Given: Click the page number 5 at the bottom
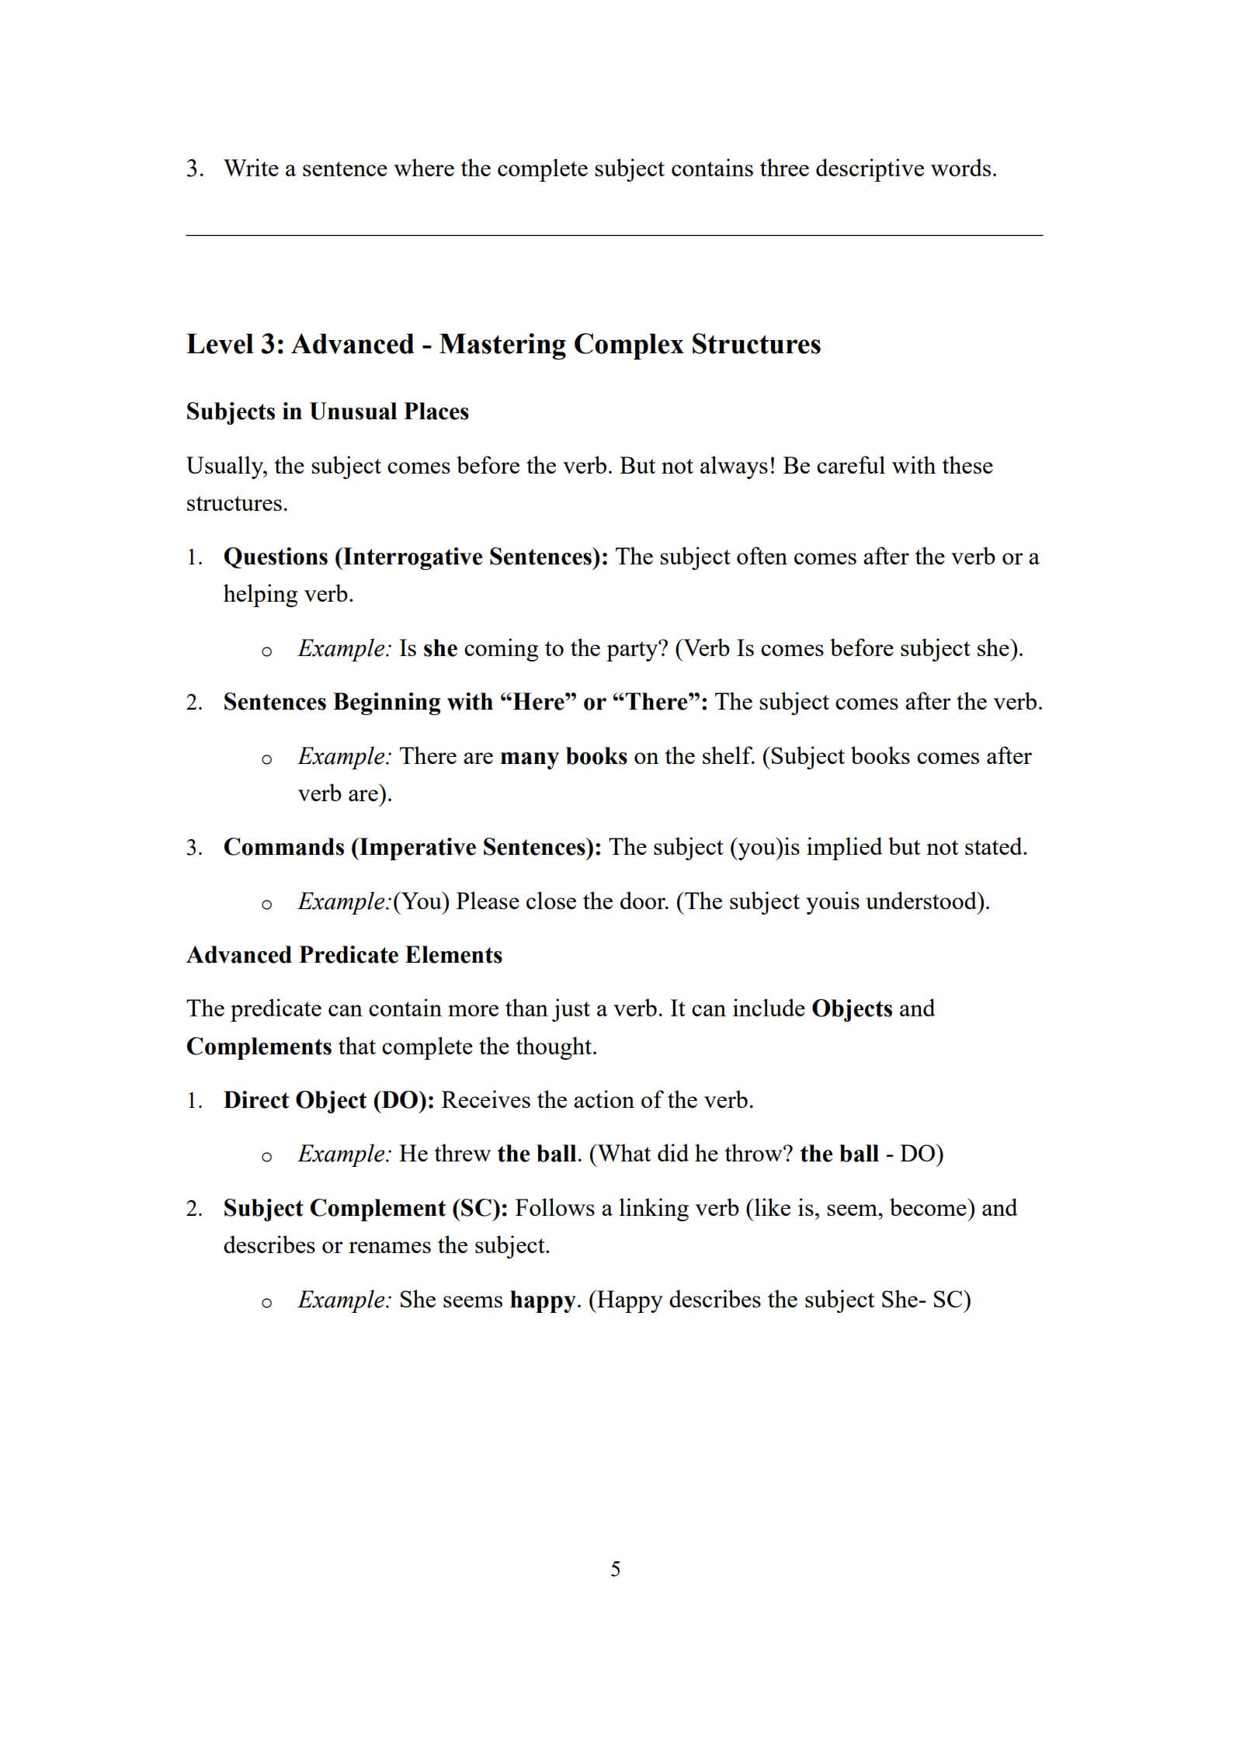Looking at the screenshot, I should [615, 1569].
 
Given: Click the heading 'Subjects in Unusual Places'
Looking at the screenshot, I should [327, 411].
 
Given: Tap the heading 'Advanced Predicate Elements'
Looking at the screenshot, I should [344, 955].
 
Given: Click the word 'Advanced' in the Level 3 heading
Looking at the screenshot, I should [353, 344].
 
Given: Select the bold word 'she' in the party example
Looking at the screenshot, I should [439, 648].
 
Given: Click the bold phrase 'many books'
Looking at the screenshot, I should [563, 756].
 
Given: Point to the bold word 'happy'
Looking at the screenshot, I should [542, 1300].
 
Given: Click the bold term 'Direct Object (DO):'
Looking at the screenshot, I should [328, 1100].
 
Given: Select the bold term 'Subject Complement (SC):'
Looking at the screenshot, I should [365, 1208].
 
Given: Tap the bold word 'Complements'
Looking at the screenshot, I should [259, 1047].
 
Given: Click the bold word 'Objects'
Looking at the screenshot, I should [851, 1009].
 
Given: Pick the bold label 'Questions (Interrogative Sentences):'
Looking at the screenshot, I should [415, 557].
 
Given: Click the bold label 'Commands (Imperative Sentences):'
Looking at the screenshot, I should [412, 847].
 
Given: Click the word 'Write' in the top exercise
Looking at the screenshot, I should [251, 168].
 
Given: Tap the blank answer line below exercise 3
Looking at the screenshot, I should [613, 234].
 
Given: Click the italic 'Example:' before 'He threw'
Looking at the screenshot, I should [344, 1154].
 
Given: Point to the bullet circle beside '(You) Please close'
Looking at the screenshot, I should [266, 904].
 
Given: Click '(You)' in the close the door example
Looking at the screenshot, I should [422, 901].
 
